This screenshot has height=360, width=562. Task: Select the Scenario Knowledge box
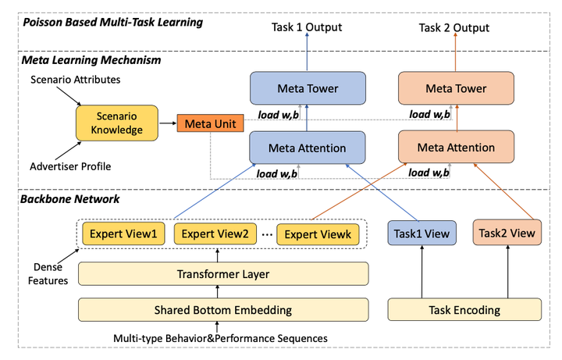click(116, 124)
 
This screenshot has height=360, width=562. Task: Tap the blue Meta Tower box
click(308, 89)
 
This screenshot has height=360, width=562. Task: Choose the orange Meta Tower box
click(455, 89)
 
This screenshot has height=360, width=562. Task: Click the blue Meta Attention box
click(308, 148)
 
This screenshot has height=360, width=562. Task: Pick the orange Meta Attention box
click(456, 147)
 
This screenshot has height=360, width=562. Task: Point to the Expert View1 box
click(123, 233)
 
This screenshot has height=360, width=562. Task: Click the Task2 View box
click(507, 233)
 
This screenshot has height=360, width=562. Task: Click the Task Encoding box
click(464, 310)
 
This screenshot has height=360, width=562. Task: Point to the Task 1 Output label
click(307, 28)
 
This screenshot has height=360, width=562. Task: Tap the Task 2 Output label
click(454, 28)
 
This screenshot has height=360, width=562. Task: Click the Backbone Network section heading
click(71, 199)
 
